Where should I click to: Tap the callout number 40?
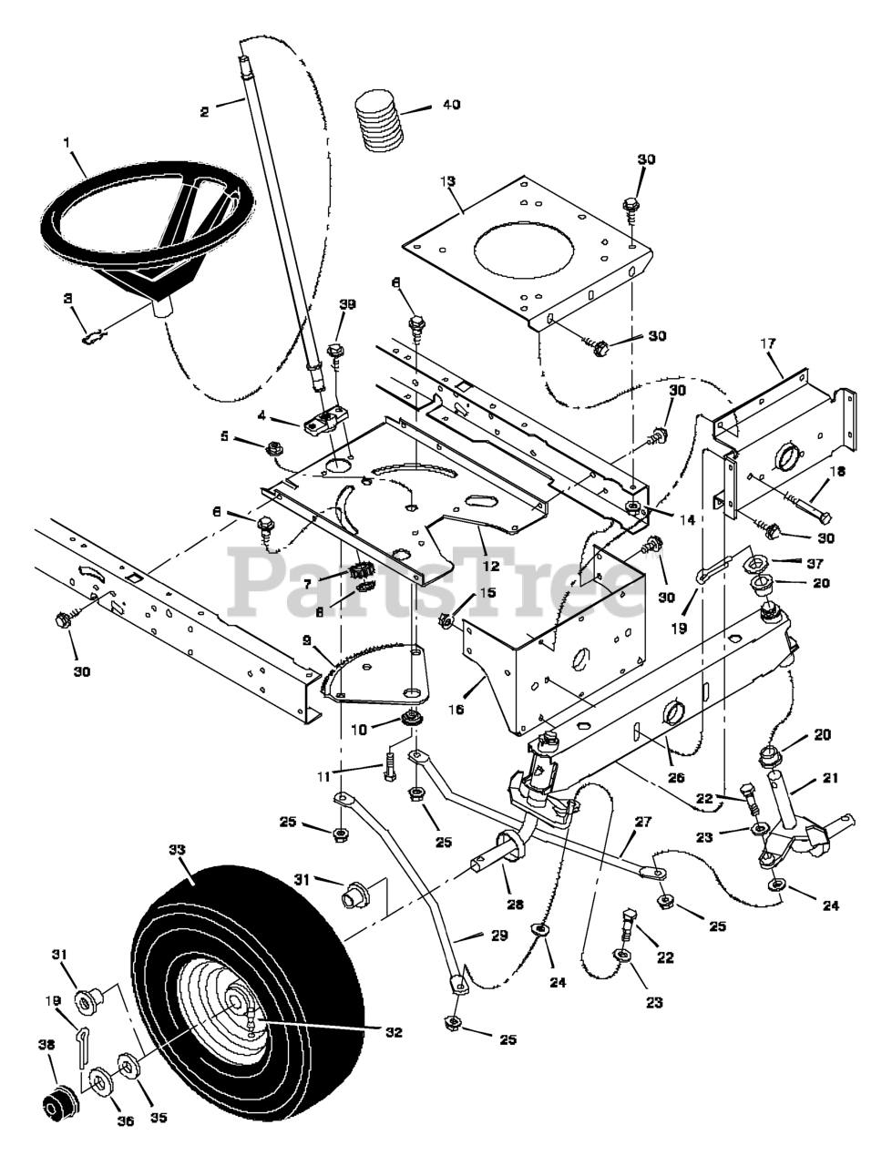[452, 105]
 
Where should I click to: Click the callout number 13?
[448, 181]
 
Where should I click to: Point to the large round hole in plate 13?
[525, 249]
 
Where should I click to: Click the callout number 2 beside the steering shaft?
[204, 111]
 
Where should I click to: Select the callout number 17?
[768, 343]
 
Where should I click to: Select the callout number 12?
[491, 567]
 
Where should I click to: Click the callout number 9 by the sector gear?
[306, 641]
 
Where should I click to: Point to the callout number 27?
[643, 823]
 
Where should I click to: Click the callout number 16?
[456, 709]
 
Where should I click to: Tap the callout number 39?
[348, 304]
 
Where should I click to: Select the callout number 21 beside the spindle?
[830, 779]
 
